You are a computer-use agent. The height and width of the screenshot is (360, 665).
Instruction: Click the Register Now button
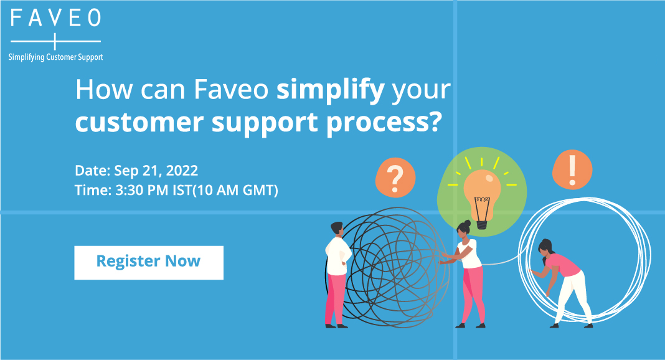coord(149,262)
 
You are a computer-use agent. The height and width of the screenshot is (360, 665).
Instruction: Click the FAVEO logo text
coord(55,18)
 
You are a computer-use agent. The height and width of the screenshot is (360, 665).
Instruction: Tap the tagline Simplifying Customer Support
coord(55,57)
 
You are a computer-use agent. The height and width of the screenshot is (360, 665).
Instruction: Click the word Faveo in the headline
coord(231,90)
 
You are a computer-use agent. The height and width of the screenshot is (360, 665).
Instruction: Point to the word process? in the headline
coord(384,123)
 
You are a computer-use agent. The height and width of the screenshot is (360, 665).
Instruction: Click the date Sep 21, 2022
coord(156,171)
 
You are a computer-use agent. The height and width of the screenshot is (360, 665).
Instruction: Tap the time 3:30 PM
coord(142,190)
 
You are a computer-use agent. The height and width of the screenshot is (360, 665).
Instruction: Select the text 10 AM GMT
coord(235,190)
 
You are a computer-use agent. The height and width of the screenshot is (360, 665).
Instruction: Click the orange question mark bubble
coord(395,178)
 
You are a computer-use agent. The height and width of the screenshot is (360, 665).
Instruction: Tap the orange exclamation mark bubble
coord(572,169)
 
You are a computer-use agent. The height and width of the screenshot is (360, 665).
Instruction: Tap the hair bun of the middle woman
coord(468,222)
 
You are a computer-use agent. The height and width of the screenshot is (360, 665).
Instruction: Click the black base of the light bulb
coord(482,225)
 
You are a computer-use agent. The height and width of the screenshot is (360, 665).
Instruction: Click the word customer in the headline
coord(139,122)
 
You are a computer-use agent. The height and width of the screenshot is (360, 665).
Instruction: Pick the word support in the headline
coord(265,123)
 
